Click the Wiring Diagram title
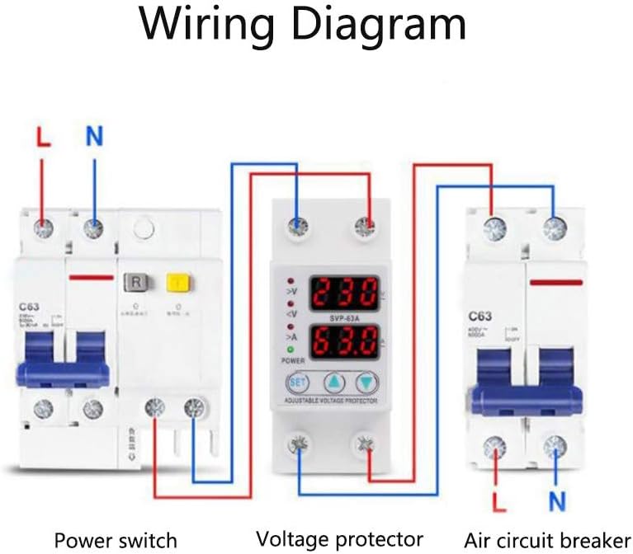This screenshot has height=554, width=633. [x=302, y=25]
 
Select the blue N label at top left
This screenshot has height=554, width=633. [x=94, y=137]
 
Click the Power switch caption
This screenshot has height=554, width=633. [x=116, y=540]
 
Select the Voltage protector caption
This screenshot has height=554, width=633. [x=339, y=539]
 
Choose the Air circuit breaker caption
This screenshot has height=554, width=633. [x=546, y=540]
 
